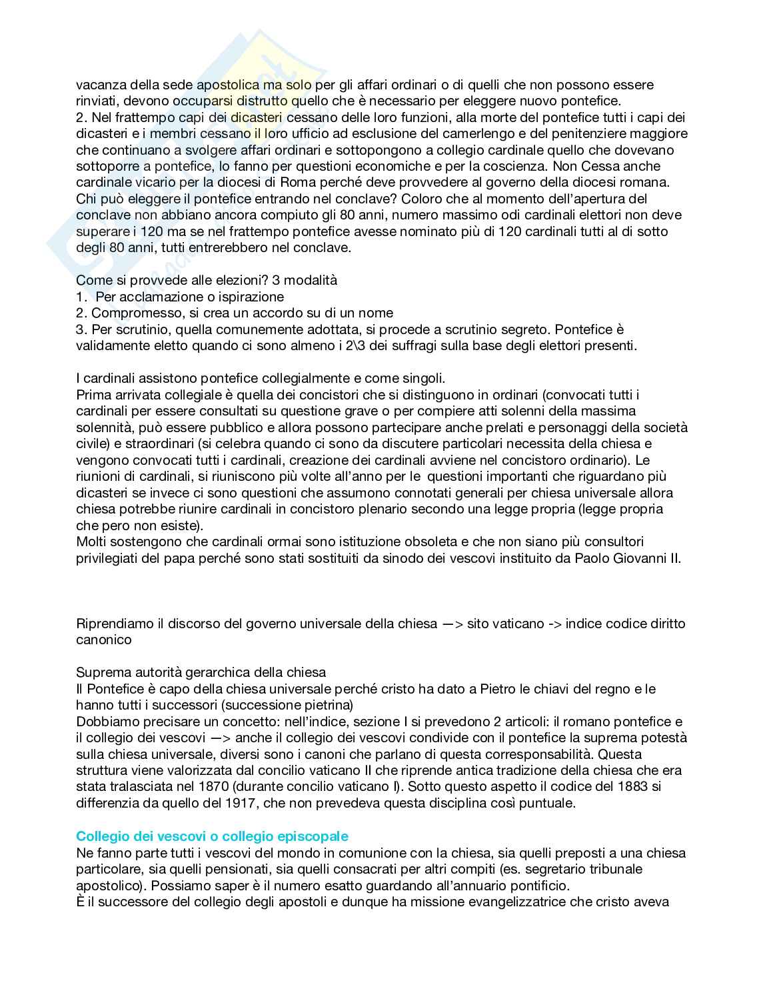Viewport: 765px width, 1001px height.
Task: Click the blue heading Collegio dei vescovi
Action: pyautogui.click(x=212, y=836)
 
